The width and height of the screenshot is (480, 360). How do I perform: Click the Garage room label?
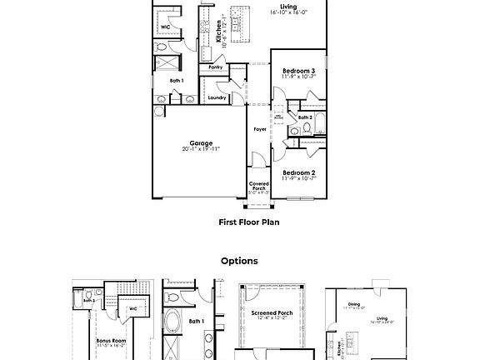201,142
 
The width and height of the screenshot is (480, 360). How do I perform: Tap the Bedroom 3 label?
297,72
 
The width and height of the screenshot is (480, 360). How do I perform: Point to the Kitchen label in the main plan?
218,31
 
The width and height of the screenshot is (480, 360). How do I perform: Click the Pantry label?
214,67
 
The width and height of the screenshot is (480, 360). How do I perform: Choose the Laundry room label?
217,97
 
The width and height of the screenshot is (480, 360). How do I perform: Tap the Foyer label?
260,130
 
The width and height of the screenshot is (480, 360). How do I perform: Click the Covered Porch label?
258,187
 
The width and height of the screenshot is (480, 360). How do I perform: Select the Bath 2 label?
305,117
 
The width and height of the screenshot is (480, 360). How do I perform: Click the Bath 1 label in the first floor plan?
176,80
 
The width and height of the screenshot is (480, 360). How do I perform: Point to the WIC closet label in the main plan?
165,27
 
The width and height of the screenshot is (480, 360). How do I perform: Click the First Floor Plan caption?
248,222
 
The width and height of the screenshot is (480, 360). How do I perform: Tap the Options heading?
239,261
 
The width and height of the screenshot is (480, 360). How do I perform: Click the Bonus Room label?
110,340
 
